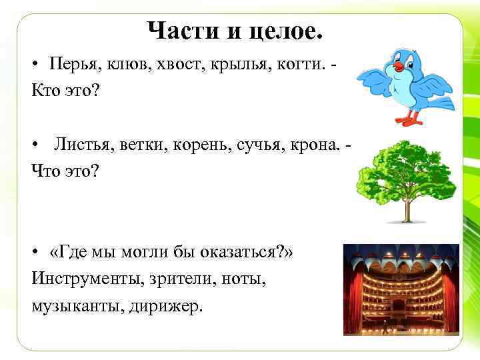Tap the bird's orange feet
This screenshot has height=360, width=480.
click(x=409, y=120)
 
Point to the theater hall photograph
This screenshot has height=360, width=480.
click(x=401, y=288)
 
